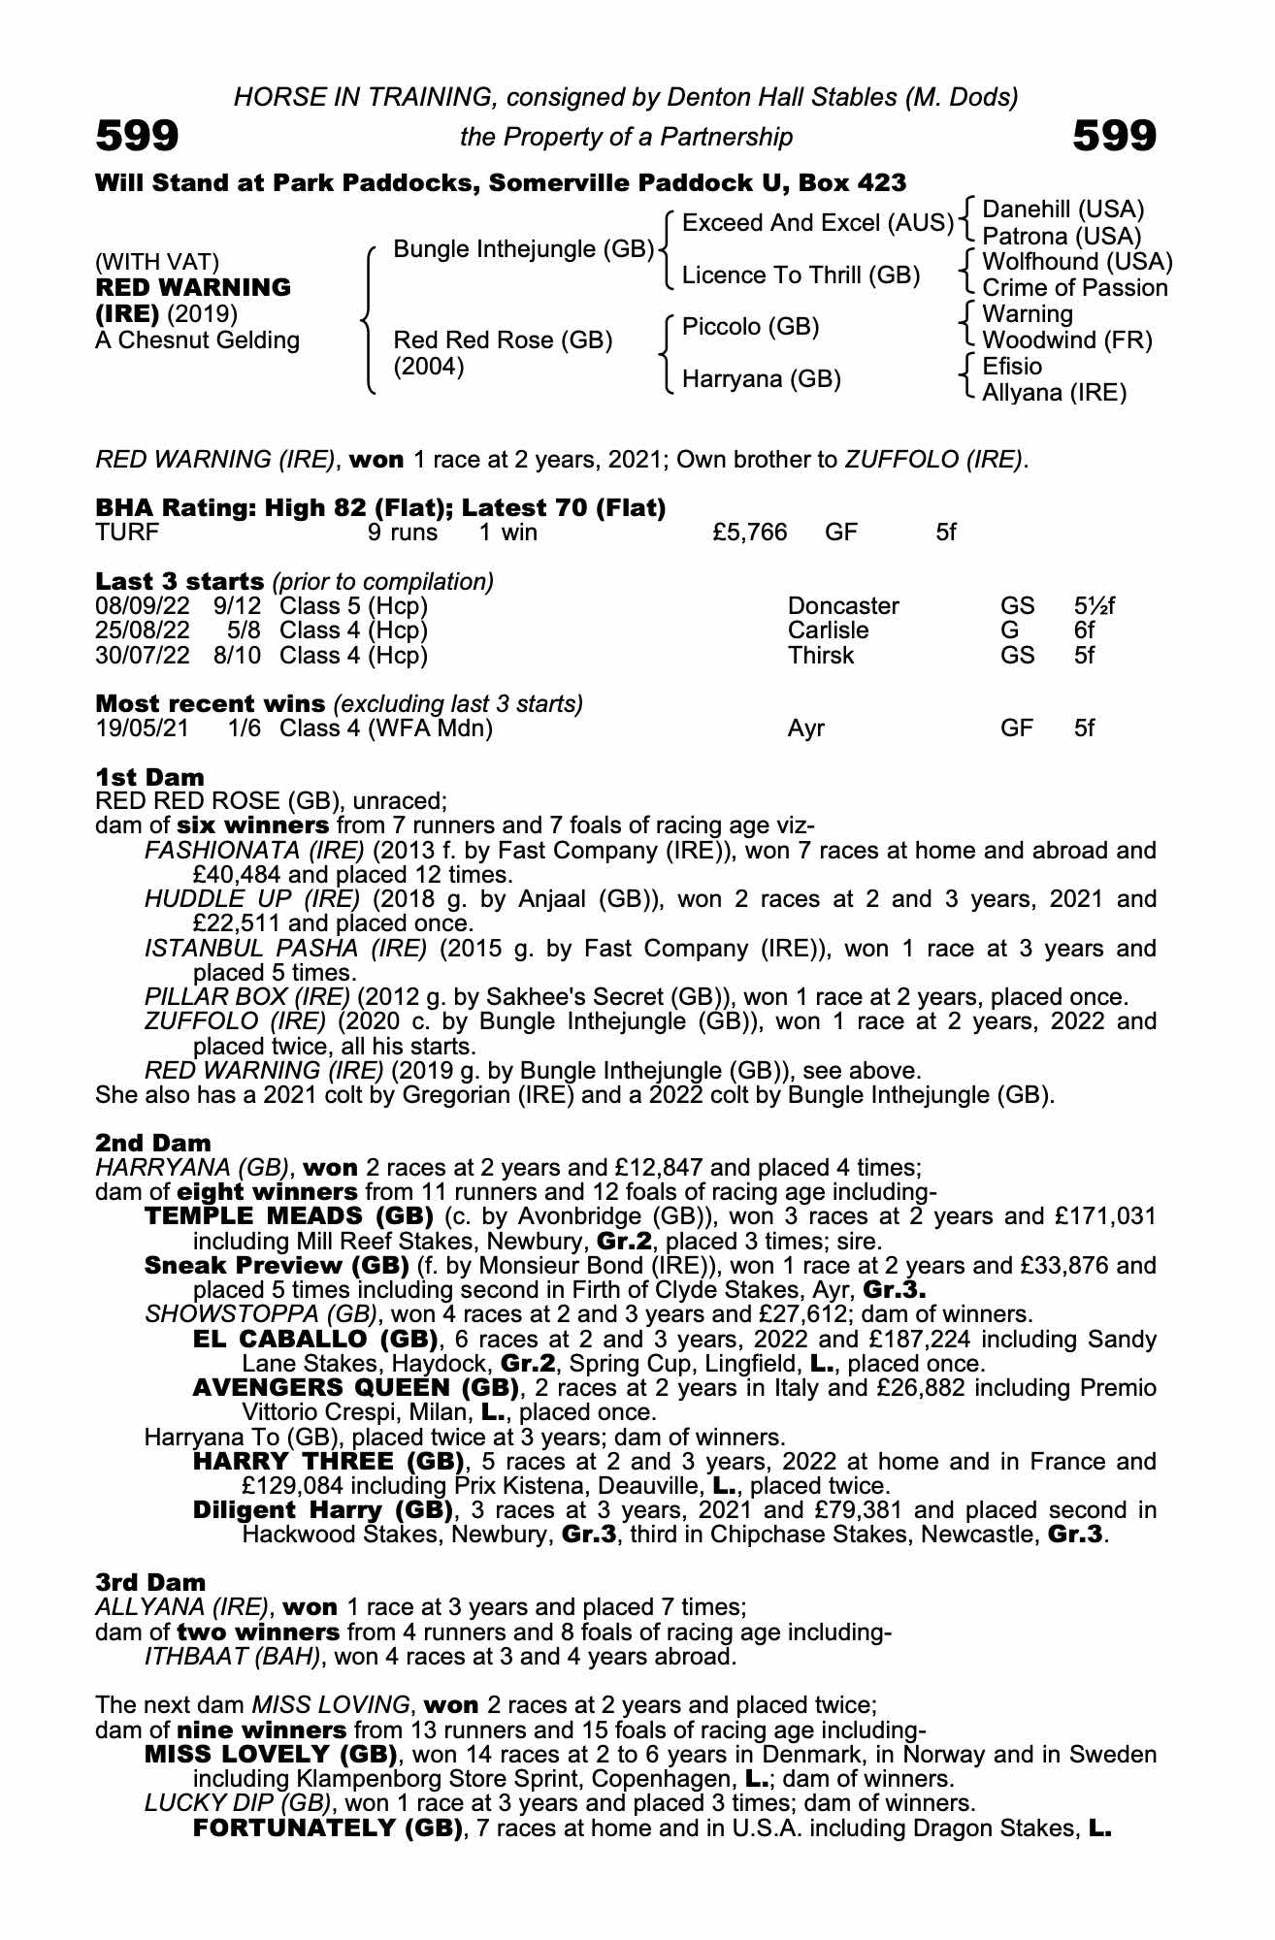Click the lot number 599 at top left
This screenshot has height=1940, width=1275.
[137, 137]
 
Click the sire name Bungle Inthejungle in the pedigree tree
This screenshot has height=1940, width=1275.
[523, 249]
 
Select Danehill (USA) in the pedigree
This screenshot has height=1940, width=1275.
[1063, 210]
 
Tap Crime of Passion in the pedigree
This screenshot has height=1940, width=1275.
[1075, 288]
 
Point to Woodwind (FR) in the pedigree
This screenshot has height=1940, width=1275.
[1067, 340]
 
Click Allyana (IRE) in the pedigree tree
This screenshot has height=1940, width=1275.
[1055, 393]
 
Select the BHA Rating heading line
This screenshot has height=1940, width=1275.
[380, 507]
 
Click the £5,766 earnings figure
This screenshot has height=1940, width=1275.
[749, 533]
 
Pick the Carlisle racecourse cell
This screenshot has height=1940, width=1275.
[828, 630]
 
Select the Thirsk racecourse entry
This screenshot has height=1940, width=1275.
[820, 656]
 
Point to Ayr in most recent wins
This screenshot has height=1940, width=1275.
[805, 728]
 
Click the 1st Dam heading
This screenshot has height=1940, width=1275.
[150, 777]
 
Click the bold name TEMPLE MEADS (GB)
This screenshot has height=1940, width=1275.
[288, 1216]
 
